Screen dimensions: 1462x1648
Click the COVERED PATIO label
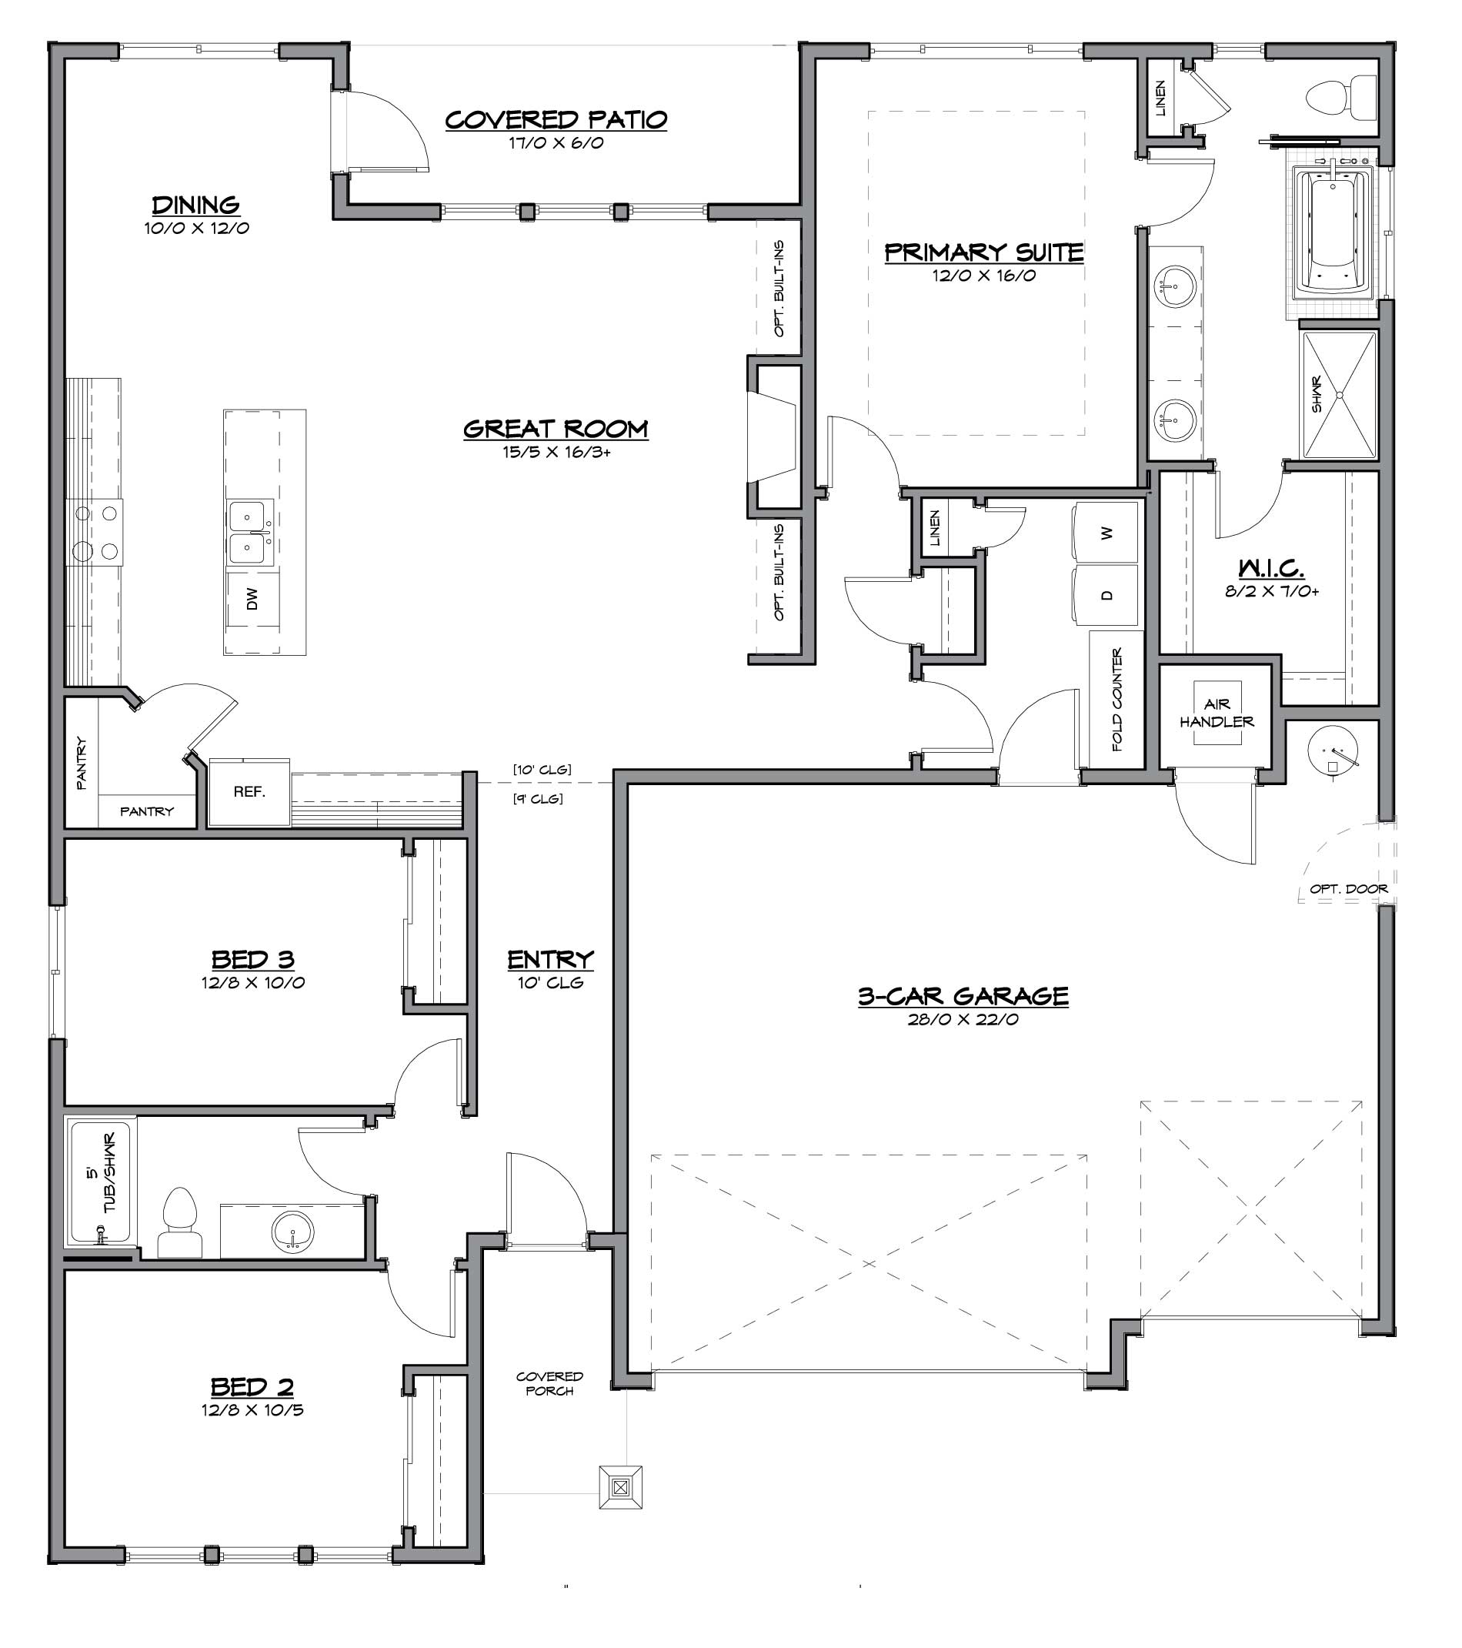556,120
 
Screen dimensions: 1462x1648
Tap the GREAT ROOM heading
556,429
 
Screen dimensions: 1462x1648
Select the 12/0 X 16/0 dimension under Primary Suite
984,276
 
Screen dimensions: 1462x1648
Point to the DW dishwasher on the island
253,598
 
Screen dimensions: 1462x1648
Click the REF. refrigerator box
249,792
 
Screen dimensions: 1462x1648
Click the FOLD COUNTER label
1117,700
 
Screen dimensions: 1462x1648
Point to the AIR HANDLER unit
1217,713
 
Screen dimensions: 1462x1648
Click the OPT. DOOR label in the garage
1348,888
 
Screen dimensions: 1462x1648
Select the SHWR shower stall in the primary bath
1339,394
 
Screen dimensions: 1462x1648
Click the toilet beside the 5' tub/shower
179,1222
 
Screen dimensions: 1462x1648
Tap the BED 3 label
253,959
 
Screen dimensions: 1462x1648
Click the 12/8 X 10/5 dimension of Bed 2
253,1410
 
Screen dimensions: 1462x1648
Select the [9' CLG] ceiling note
538,799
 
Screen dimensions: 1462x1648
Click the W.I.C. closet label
1271,568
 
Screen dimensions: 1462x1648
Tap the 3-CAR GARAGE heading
963,996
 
